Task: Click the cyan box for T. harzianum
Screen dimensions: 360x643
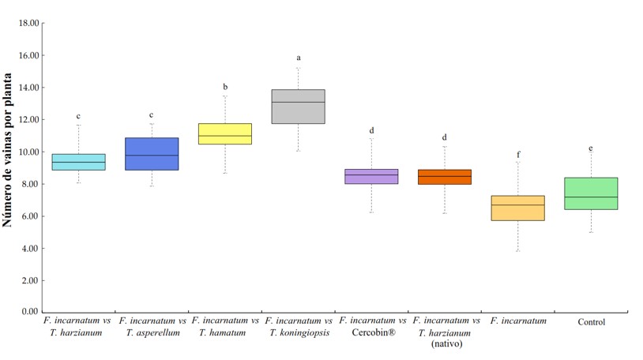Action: [78, 162]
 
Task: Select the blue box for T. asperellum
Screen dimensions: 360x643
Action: [152, 154]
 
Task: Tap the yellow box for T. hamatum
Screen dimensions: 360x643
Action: [224, 134]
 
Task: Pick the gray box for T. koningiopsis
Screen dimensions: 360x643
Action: [298, 107]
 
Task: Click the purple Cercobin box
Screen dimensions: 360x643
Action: [371, 176]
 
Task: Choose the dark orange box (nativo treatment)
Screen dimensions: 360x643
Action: [444, 177]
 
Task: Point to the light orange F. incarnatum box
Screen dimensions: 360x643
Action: [517, 208]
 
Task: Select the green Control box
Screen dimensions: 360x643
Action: [591, 193]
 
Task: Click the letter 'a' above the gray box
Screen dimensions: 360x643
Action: [299, 58]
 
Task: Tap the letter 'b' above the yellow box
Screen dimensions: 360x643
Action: [225, 87]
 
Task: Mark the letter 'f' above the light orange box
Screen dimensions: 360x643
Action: [518, 155]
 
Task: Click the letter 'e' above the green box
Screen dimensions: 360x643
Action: [591, 148]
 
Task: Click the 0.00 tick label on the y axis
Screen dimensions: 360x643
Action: [30, 313]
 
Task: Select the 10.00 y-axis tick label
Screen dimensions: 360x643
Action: [28, 152]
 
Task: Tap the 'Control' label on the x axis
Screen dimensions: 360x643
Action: [591, 322]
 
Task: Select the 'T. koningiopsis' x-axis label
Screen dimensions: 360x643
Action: [298, 333]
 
